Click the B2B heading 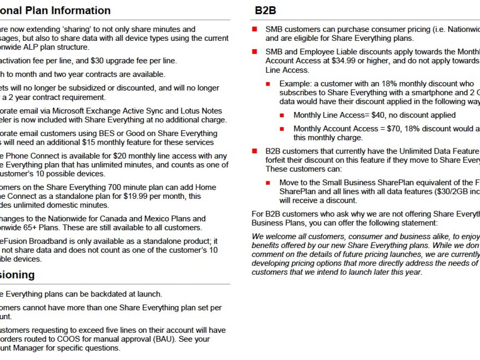click(x=266, y=10)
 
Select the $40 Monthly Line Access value click(x=377, y=115)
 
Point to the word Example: click(x=296, y=84)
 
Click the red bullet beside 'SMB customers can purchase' click(x=254, y=29)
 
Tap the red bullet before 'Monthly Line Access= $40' click(x=282, y=115)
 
